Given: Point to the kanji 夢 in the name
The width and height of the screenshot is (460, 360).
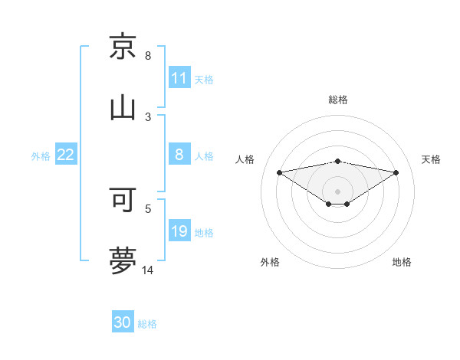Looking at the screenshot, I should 123,260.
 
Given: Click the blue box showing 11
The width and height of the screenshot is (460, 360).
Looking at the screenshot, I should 179,78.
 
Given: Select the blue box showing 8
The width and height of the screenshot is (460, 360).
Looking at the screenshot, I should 179,155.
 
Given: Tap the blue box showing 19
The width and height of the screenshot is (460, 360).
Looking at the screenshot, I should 179,231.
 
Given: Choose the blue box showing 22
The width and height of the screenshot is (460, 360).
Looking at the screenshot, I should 66,155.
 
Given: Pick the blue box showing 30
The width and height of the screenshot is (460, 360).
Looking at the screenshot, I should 123,322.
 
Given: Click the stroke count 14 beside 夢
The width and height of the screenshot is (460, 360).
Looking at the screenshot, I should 148,270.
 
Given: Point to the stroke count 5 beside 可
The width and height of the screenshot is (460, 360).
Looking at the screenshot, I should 148,208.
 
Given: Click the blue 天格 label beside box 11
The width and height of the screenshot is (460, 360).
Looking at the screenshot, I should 204,79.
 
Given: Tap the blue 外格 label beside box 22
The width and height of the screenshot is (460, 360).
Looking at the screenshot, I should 41,155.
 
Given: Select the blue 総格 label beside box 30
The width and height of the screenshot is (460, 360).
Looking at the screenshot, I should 147,324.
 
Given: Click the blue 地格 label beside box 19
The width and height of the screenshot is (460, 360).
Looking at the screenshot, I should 204,232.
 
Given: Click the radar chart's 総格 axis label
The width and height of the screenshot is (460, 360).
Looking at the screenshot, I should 338,100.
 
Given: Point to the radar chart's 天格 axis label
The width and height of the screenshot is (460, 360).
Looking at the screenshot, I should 431,159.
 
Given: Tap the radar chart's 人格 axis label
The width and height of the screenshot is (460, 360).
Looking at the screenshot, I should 245,159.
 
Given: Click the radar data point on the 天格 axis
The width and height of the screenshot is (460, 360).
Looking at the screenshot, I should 396,172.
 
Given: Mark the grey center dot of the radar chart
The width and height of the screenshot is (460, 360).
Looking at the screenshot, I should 338,191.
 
